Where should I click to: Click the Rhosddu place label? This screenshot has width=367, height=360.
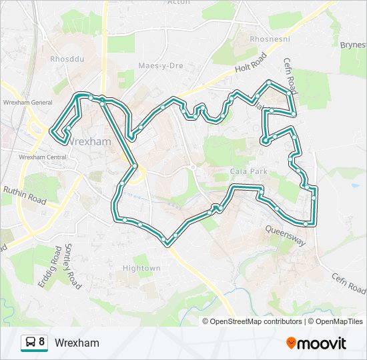tap(65, 59)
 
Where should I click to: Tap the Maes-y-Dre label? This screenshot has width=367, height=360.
tap(160, 66)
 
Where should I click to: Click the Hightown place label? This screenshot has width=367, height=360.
tap(141, 268)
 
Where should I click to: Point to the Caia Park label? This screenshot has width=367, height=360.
tap(248, 171)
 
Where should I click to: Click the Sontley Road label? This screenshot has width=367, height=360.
tap(72, 267)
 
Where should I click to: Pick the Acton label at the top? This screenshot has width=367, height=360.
tap(179, 3)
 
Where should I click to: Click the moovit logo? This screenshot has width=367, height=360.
tap(316, 343)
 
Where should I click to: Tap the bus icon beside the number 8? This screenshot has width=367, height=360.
tap(30, 343)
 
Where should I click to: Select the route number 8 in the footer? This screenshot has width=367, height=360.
tap(42, 342)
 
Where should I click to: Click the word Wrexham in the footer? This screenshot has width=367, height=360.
tap(77, 343)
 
